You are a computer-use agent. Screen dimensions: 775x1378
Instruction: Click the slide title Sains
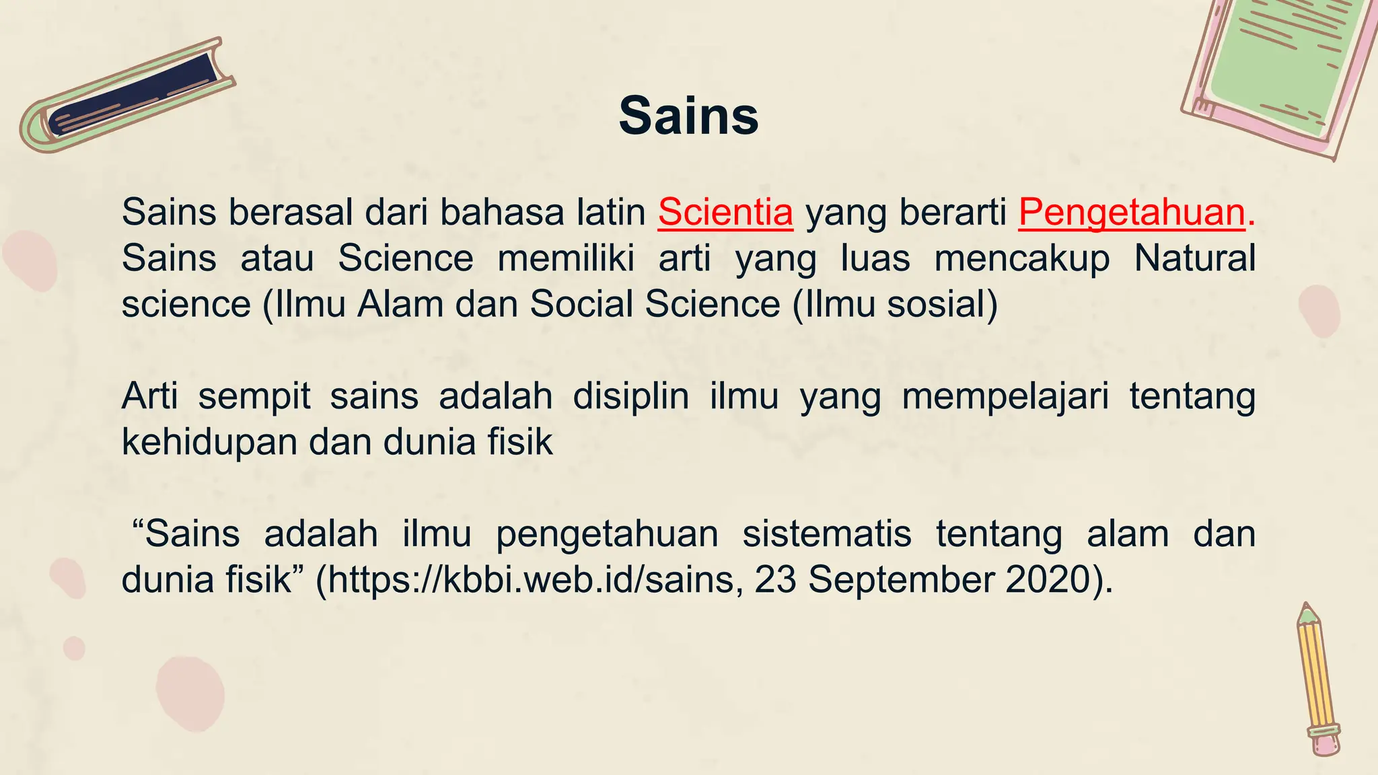point(688,116)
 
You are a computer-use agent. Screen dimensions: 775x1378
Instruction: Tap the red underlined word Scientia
point(725,213)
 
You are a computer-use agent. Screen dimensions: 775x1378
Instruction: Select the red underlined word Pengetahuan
point(1132,213)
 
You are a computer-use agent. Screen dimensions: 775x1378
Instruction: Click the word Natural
point(1194,258)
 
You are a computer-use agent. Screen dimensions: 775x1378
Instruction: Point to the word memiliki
point(566,258)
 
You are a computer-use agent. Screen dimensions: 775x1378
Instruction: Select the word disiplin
point(630,397)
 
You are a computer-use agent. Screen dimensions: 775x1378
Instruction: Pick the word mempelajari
point(1005,397)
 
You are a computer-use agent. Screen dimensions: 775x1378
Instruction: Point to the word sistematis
point(827,534)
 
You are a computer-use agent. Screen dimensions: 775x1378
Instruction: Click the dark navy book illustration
point(135,94)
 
